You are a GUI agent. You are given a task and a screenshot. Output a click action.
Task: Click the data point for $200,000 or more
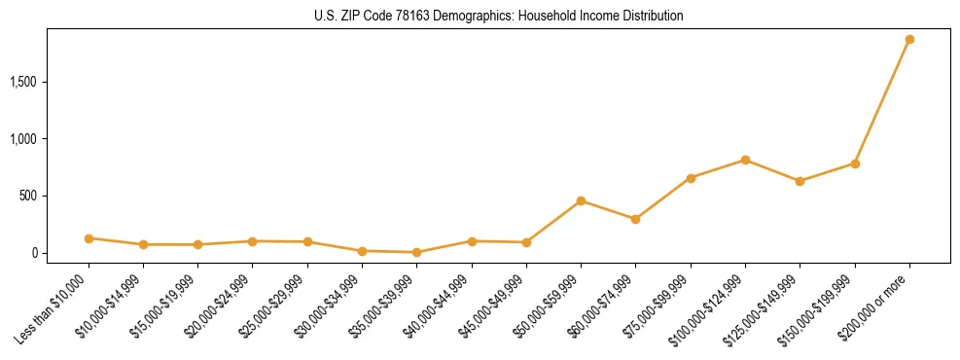click(x=909, y=40)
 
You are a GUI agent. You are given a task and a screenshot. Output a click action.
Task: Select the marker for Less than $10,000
click(x=89, y=238)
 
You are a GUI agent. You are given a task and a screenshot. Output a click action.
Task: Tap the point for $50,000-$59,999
click(x=581, y=201)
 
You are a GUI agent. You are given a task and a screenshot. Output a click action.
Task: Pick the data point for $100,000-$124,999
click(x=745, y=160)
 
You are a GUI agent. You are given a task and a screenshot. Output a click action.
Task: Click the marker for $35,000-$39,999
click(x=416, y=252)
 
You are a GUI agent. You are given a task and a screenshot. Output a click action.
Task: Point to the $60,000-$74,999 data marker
click(x=635, y=219)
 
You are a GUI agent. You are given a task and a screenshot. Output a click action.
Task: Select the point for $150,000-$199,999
click(x=855, y=163)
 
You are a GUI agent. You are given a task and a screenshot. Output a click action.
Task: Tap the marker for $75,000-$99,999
click(x=691, y=178)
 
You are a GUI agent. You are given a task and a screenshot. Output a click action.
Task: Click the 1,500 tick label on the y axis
click(x=21, y=82)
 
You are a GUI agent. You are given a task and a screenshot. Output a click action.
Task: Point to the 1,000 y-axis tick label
click(x=21, y=139)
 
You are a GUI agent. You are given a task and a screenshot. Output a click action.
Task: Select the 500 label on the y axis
click(x=26, y=196)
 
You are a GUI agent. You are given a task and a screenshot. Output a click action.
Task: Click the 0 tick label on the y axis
click(x=32, y=253)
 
